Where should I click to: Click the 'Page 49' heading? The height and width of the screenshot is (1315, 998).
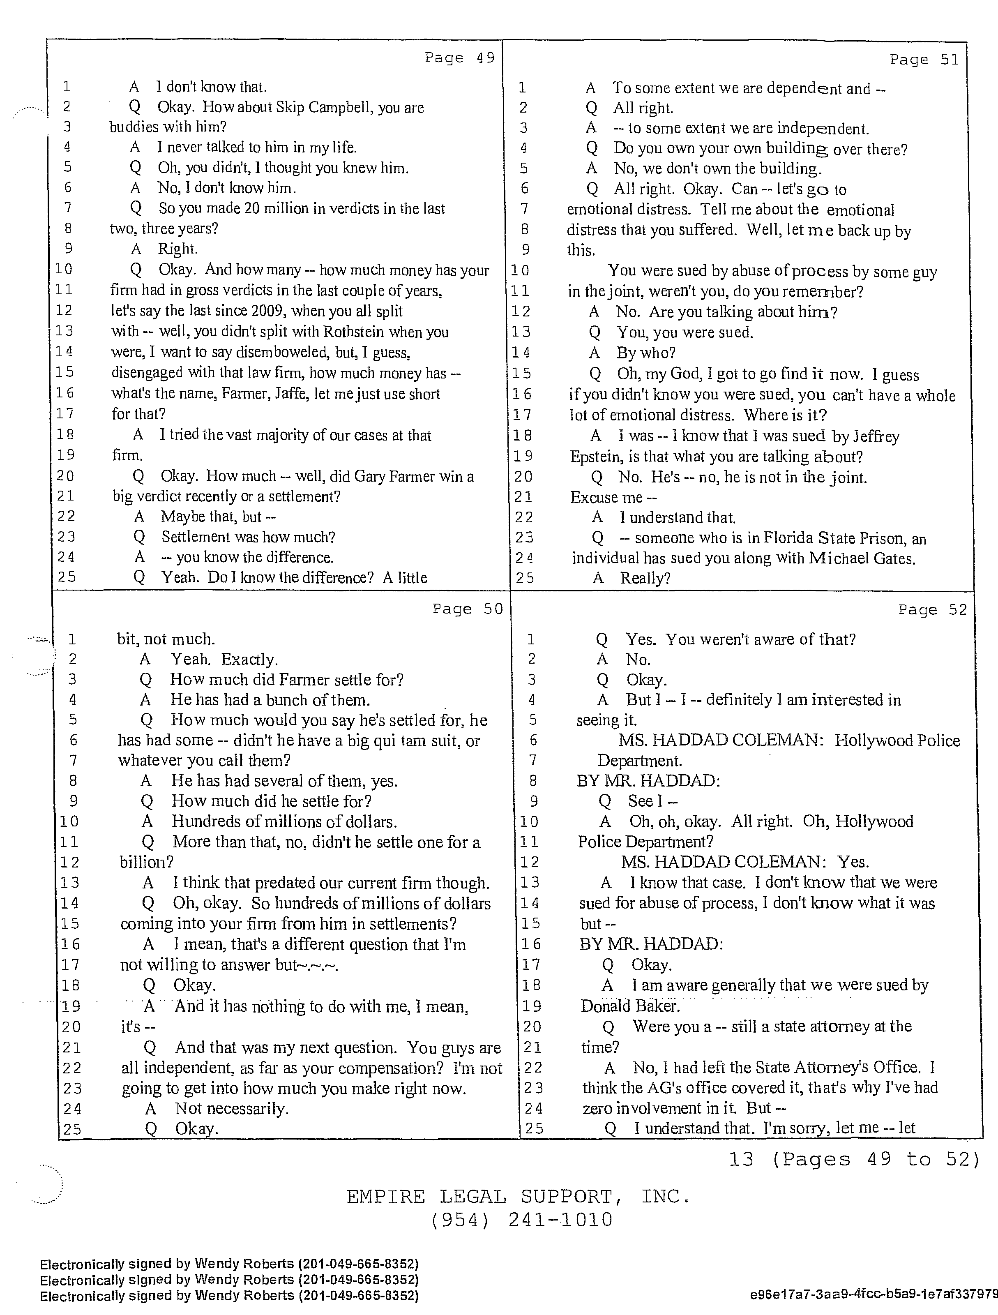pos(459,58)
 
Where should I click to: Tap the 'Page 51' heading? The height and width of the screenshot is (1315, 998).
pos(924,60)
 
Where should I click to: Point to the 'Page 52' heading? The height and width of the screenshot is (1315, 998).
pos(933,610)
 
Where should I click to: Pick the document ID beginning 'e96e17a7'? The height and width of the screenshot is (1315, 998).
pos(873,1295)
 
